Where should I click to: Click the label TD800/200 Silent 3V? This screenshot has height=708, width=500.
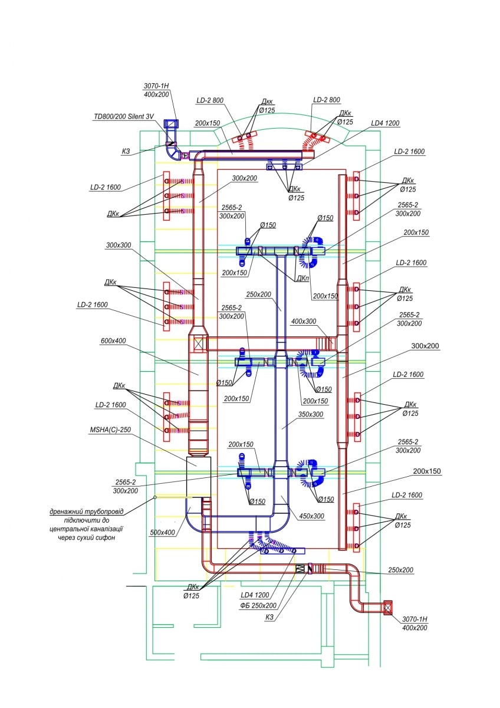coord(124,116)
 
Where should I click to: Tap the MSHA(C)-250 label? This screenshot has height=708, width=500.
coord(110,430)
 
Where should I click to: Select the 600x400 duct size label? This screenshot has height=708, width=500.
coord(113,341)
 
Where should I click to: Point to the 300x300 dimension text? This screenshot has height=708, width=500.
coord(119,245)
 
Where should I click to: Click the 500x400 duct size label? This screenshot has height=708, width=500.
coord(162,532)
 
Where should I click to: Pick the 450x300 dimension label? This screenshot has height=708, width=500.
coord(311,516)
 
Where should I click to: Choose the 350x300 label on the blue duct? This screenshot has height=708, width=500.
coord(311,414)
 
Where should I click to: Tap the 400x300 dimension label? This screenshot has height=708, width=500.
coord(304,322)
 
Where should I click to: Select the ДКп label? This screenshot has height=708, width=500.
coord(302,278)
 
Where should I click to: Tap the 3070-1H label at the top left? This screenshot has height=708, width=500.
coord(156,86)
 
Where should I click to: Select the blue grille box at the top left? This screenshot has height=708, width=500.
coord(171,123)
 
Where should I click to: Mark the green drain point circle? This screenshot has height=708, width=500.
coord(154,497)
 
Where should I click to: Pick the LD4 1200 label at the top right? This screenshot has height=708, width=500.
coord(385,123)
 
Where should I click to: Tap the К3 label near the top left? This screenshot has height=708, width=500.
coord(126,152)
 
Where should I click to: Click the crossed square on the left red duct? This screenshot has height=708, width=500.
coord(198,344)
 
